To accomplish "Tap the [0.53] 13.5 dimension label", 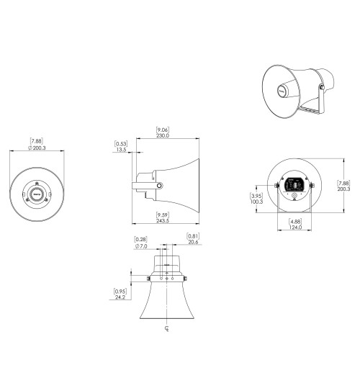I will click(x=121, y=147).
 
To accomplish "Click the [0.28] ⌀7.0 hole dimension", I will click(x=142, y=243).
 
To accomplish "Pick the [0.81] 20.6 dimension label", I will click(x=192, y=240).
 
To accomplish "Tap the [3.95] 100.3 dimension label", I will click(x=256, y=198).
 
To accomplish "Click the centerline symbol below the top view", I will click(x=167, y=331).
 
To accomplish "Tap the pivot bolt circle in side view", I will click(x=159, y=186).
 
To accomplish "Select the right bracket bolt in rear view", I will click(x=312, y=186).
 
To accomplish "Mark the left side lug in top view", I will click(x=148, y=279).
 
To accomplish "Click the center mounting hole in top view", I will click(x=167, y=278).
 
